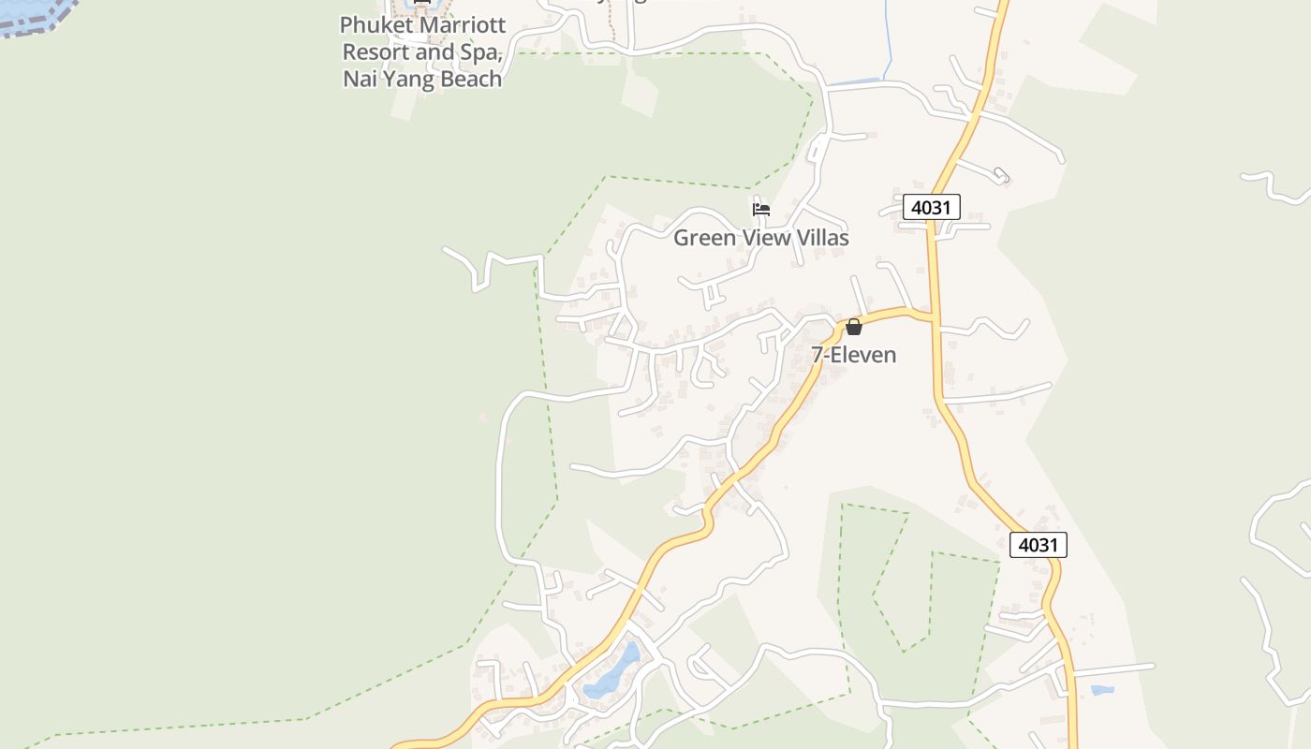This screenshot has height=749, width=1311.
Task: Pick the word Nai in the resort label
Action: pyautogui.click(x=360, y=80)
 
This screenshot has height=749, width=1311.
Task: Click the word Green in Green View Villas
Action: pyautogui.click(x=704, y=238)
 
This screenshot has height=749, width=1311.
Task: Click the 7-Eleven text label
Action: pyautogui.click(x=853, y=355)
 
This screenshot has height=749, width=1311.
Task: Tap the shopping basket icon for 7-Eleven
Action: pyautogui.click(x=854, y=327)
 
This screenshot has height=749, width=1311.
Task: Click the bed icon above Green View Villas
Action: pyautogui.click(x=761, y=210)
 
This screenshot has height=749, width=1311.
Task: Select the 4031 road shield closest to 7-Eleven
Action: pyautogui.click(x=931, y=207)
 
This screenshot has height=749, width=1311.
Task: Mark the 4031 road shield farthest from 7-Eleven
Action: pyautogui.click(x=1038, y=545)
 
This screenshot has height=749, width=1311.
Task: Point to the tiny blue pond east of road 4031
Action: pyautogui.click(x=1102, y=691)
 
